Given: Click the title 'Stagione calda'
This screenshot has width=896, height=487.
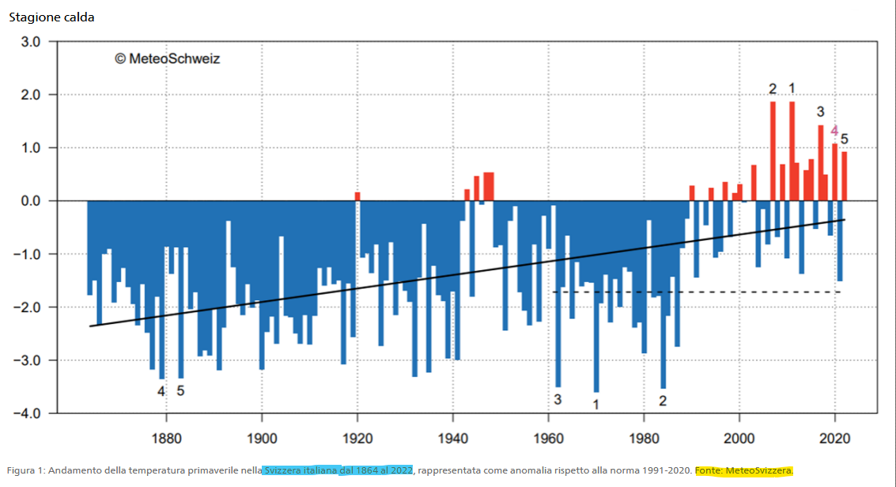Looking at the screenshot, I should click(x=51, y=17).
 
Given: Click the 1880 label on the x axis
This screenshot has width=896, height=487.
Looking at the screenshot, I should click(x=166, y=438).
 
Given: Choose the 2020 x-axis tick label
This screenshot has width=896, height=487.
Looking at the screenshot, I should click(x=835, y=438).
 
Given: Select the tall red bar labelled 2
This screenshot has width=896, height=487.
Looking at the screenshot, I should click(x=773, y=151).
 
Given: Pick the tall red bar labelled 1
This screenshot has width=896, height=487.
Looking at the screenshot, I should click(x=792, y=151).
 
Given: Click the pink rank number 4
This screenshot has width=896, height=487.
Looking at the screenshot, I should click(x=834, y=131).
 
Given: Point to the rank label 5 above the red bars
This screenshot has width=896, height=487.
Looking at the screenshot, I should click(x=845, y=139).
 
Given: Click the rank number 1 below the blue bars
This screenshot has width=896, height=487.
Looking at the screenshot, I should click(x=596, y=405).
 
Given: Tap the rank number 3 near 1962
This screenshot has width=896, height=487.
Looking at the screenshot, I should click(x=558, y=399).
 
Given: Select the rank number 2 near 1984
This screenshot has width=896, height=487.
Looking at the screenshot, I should click(x=663, y=401).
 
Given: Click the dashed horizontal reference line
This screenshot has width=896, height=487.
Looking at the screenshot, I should click(x=696, y=292).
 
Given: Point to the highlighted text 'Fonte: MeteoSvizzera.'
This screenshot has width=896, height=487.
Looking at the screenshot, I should click(x=743, y=471).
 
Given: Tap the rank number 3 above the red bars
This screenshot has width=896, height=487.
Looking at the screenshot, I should click(x=821, y=112).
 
